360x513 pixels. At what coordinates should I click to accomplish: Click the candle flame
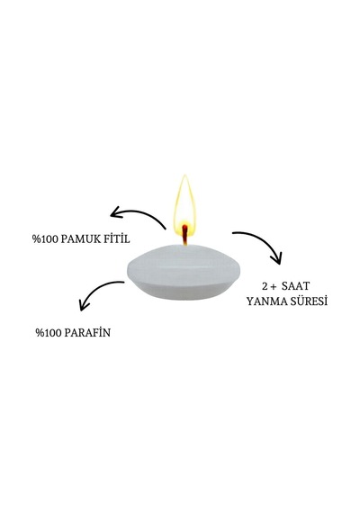point(185,206)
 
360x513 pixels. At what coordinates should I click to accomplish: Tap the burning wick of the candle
point(185,234)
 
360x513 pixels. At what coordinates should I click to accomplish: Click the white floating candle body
point(184,272)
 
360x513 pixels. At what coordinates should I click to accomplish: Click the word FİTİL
point(117,238)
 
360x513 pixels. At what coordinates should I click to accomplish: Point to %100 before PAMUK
point(45,239)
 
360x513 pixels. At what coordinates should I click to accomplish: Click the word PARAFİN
point(87,332)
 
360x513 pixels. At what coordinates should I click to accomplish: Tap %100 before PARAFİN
point(49,333)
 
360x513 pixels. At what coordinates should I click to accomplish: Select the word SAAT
point(295,286)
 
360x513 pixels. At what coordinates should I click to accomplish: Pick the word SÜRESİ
point(307,301)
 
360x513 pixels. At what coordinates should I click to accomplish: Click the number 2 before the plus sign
point(265,286)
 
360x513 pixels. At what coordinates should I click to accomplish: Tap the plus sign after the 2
point(274,287)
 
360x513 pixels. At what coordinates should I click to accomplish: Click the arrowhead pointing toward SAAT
point(277,258)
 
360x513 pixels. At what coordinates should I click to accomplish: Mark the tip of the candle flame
point(184,175)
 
